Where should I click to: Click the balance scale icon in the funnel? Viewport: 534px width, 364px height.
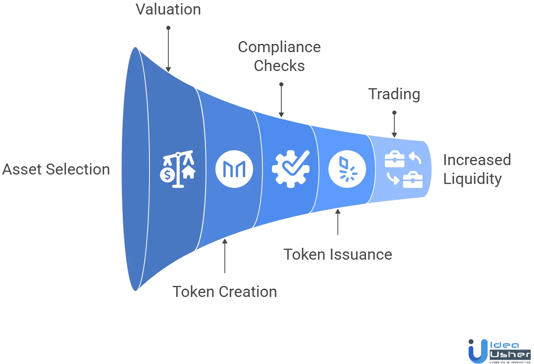[178, 169]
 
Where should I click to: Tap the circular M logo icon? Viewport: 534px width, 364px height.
[234, 169]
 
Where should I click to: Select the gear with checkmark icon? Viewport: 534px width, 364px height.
[290, 169]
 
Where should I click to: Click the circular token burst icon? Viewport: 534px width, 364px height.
[347, 169]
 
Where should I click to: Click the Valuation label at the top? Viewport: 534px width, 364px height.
[168, 9]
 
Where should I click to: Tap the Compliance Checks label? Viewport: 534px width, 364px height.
[280, 57]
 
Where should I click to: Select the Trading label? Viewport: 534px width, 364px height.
[394, 95]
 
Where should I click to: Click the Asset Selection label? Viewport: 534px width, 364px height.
[55, 170]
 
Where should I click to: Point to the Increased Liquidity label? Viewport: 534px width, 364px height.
[476, 169]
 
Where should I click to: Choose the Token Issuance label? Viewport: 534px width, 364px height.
[338, 255]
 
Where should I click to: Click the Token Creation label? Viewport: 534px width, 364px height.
[224, 292]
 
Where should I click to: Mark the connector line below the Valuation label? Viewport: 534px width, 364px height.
[168, 47]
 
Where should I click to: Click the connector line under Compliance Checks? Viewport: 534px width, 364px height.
[281, 98]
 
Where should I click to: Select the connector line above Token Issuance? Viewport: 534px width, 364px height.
[338, 222]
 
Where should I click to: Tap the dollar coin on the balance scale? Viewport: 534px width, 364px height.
[168, 175]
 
